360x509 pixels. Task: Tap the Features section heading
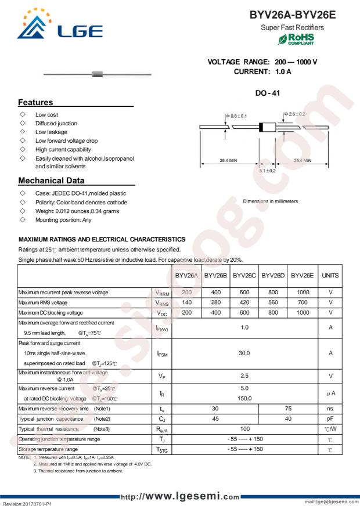pyautogui.click(x=35, y=102)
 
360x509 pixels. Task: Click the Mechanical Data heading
pyautogui.click(x=51, y=181)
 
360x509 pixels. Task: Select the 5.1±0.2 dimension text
pyautogui.click(x=267, y=171)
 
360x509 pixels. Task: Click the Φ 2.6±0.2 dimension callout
pyautogui.click(x=295, y=114)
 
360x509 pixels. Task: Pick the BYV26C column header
pyautogui.click(x=244, y=276)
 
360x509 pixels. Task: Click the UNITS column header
pyautogui.click(x=330, y=276)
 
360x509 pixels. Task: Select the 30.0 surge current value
pyautogui.click(x=244, y=353)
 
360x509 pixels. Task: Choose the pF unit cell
pyautogui.click(x=330, y=418)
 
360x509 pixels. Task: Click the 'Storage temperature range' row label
pyautogui.click(x=48, y=449)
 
